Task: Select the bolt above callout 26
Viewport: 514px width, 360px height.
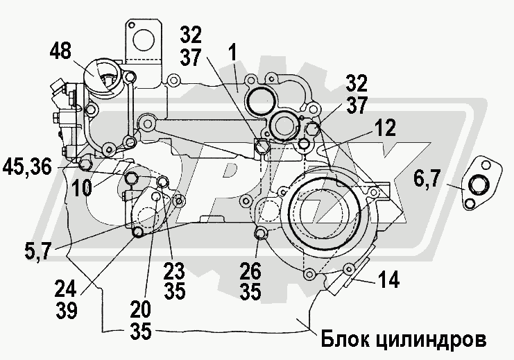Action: pos(261,233)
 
